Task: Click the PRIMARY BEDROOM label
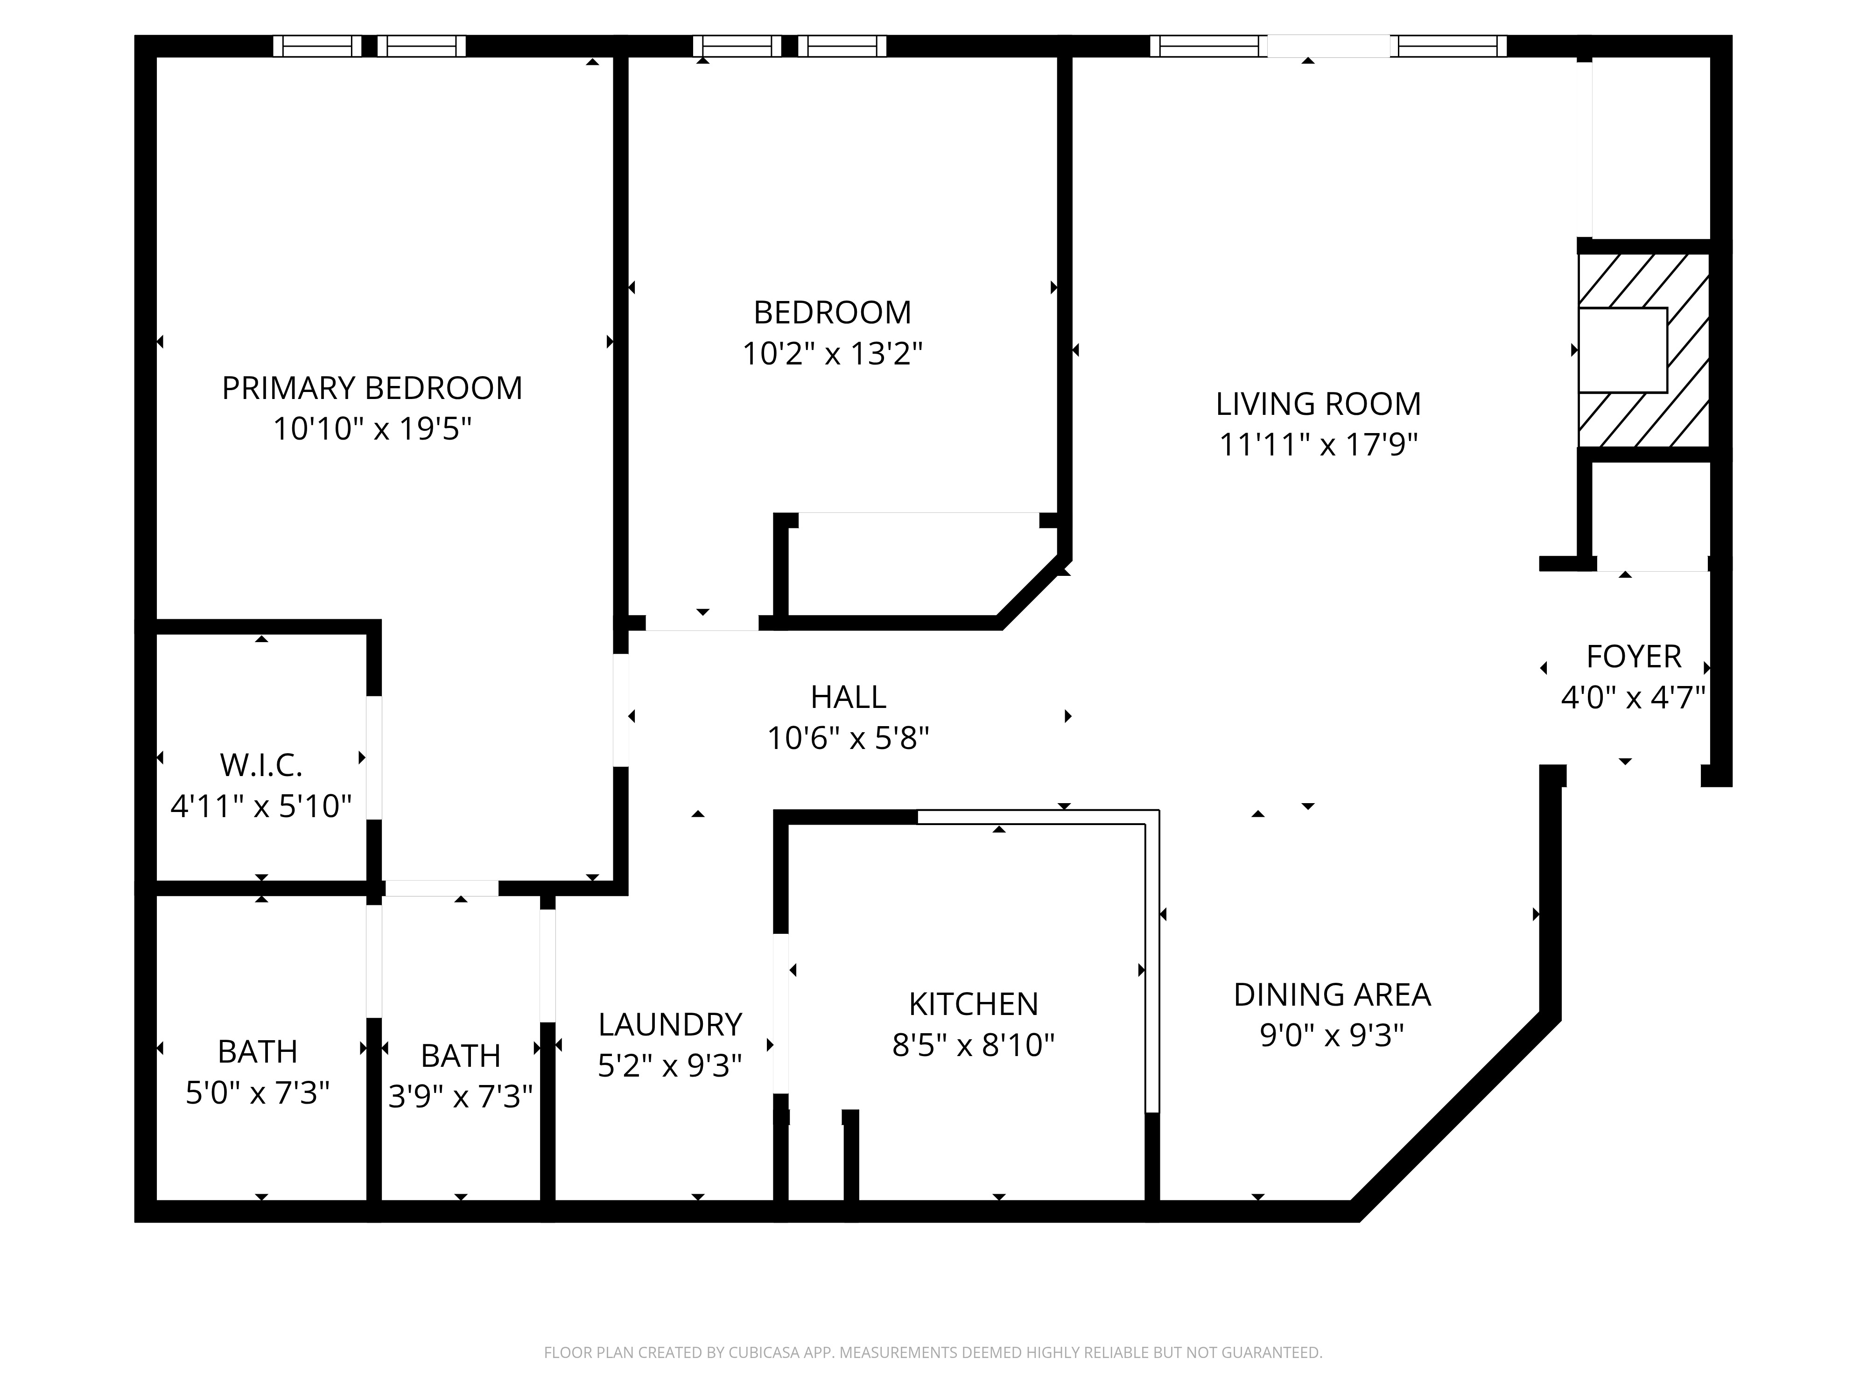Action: click(x=372, y=388)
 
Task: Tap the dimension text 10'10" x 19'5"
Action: click(x=372, y=429)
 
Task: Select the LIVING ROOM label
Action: click(x=1319, y=404)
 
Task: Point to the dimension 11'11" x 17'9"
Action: click(x=1319, y=445)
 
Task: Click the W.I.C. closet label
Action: click(x=261, y=765)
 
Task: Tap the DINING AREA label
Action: click(x=1332, y=995)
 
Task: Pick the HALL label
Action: click(x=848, y=697)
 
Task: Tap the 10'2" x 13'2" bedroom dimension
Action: click(x=832, y=354)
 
